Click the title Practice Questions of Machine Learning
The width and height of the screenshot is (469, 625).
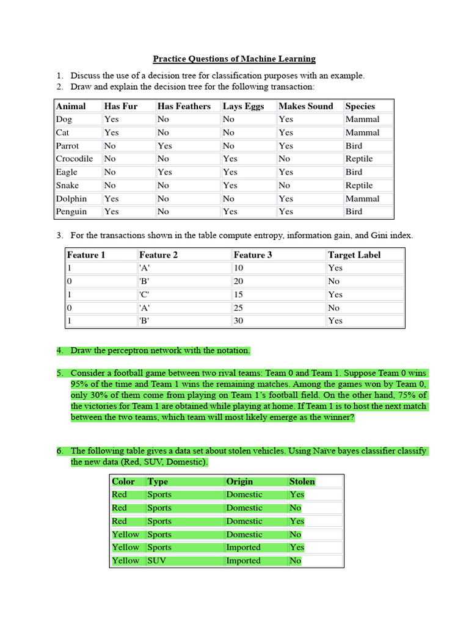click(234, 59)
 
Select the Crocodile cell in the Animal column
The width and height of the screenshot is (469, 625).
click(74, 159)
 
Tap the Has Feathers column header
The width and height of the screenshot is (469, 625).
click(184, 106)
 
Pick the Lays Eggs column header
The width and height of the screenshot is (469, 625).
click(243, 106)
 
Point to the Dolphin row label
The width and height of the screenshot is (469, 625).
click(71, 199)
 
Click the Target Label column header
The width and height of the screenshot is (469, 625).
click(354, 255)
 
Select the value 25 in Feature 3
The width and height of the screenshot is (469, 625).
click(240, 308)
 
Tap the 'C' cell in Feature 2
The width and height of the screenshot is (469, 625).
click(144, 295)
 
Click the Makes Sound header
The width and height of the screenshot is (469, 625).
click(305, 106)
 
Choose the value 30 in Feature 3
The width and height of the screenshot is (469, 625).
click(240, 321)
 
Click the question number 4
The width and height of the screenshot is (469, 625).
click(60, 351)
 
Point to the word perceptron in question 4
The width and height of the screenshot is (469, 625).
click(138, 351)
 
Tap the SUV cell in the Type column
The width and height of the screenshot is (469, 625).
click(156, 561)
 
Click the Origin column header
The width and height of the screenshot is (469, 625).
click(239, 482)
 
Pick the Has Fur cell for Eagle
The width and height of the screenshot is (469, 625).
click(110, 172)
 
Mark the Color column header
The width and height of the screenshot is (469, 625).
click(123, 482)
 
